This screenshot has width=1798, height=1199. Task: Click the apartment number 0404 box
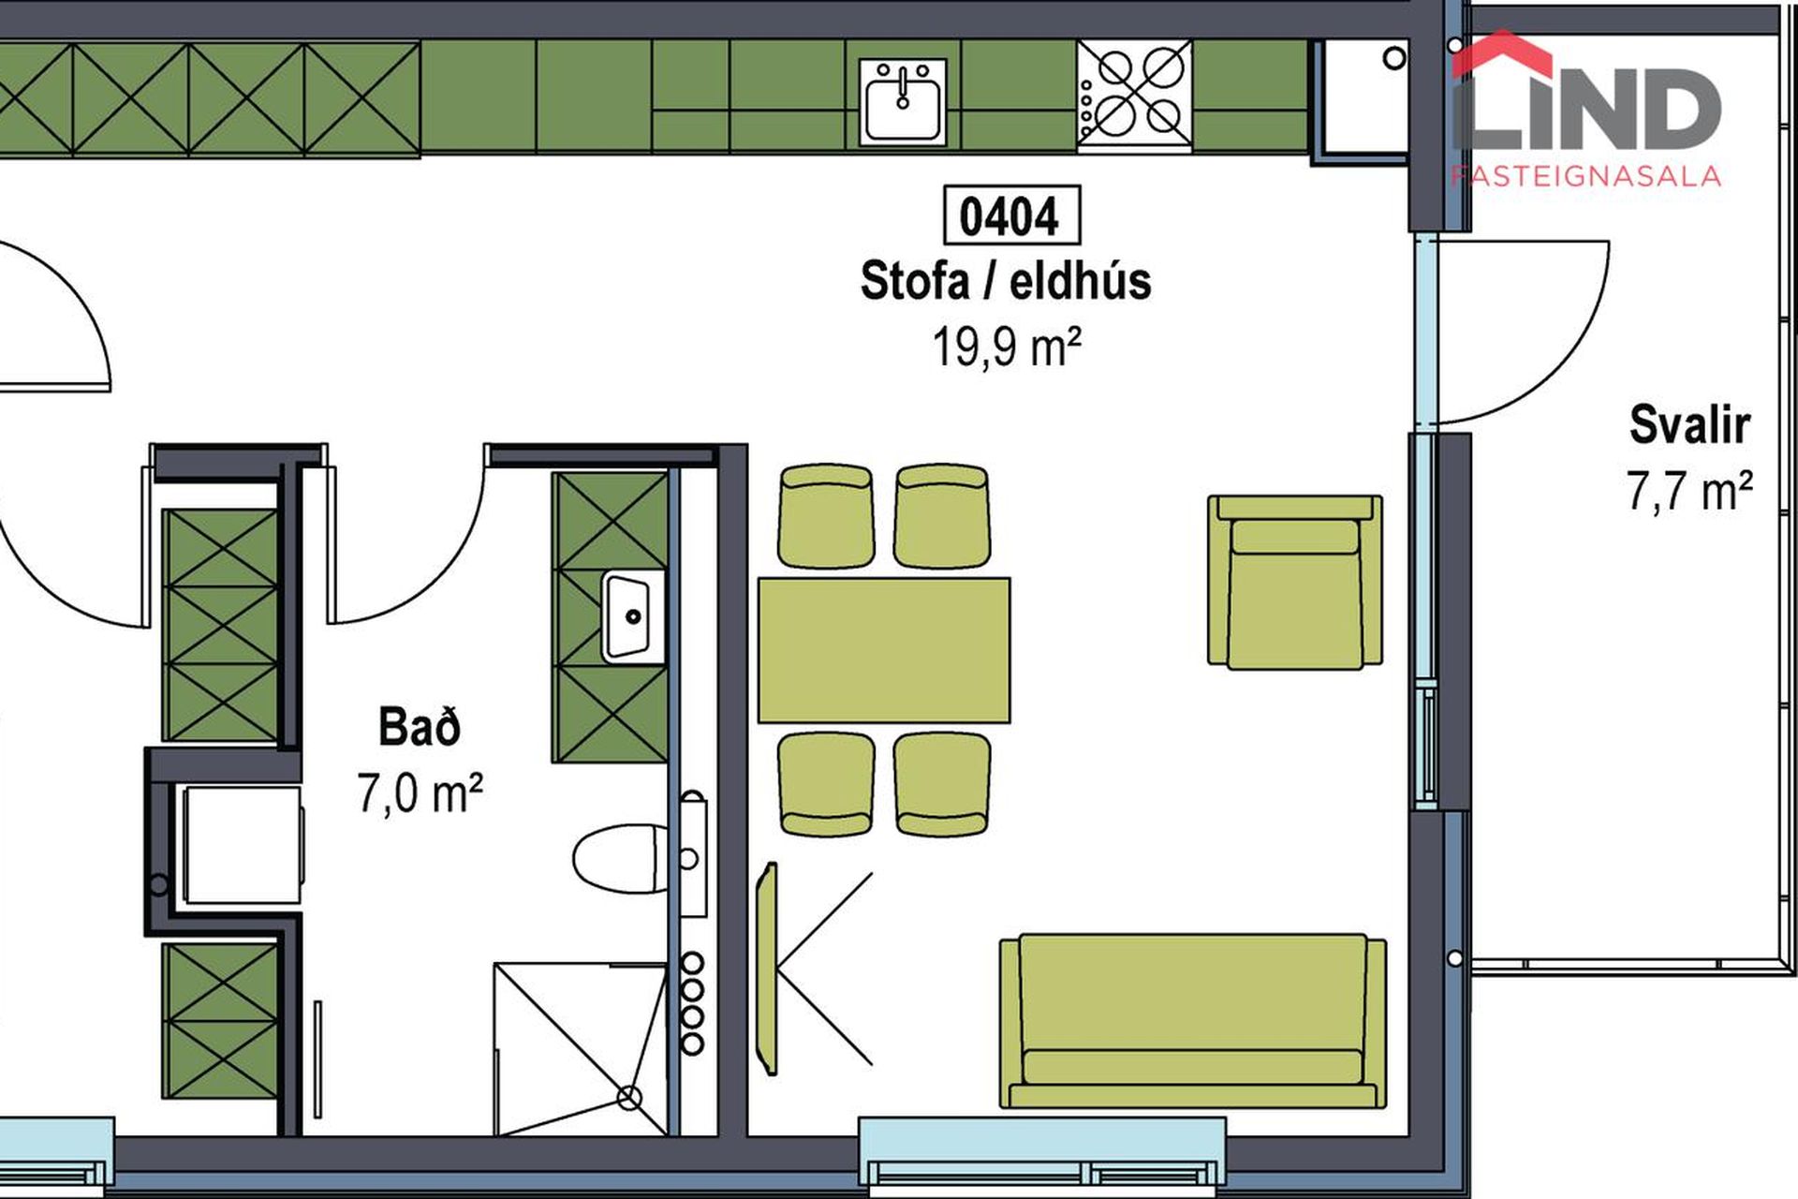(x=1010, y=215)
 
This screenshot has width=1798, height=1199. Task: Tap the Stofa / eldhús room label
(x=1006, y=281)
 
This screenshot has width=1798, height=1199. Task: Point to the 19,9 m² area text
(x=1007, y=347)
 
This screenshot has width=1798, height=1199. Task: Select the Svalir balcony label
(x=1689, y=425)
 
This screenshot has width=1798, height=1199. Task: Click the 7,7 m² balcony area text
(x=1689, y=491)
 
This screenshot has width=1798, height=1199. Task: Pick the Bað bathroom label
(x=420, y=727)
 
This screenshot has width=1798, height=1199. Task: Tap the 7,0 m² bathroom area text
(x=420, y=792)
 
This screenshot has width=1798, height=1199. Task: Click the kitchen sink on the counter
(x=903, y=102)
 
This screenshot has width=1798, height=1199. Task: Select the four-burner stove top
(x=1134, y=94)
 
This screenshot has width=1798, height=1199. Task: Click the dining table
(x=884, y=650)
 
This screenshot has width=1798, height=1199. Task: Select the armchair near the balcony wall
(x=1295, y=583)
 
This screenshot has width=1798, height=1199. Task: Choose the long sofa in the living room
(x=1193, y=1021)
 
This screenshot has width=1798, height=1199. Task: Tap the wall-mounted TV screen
(x=768, y=969)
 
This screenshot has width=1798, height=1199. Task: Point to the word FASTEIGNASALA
(x=1586, y=176)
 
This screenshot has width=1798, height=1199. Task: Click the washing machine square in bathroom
(x=243, y=845)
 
